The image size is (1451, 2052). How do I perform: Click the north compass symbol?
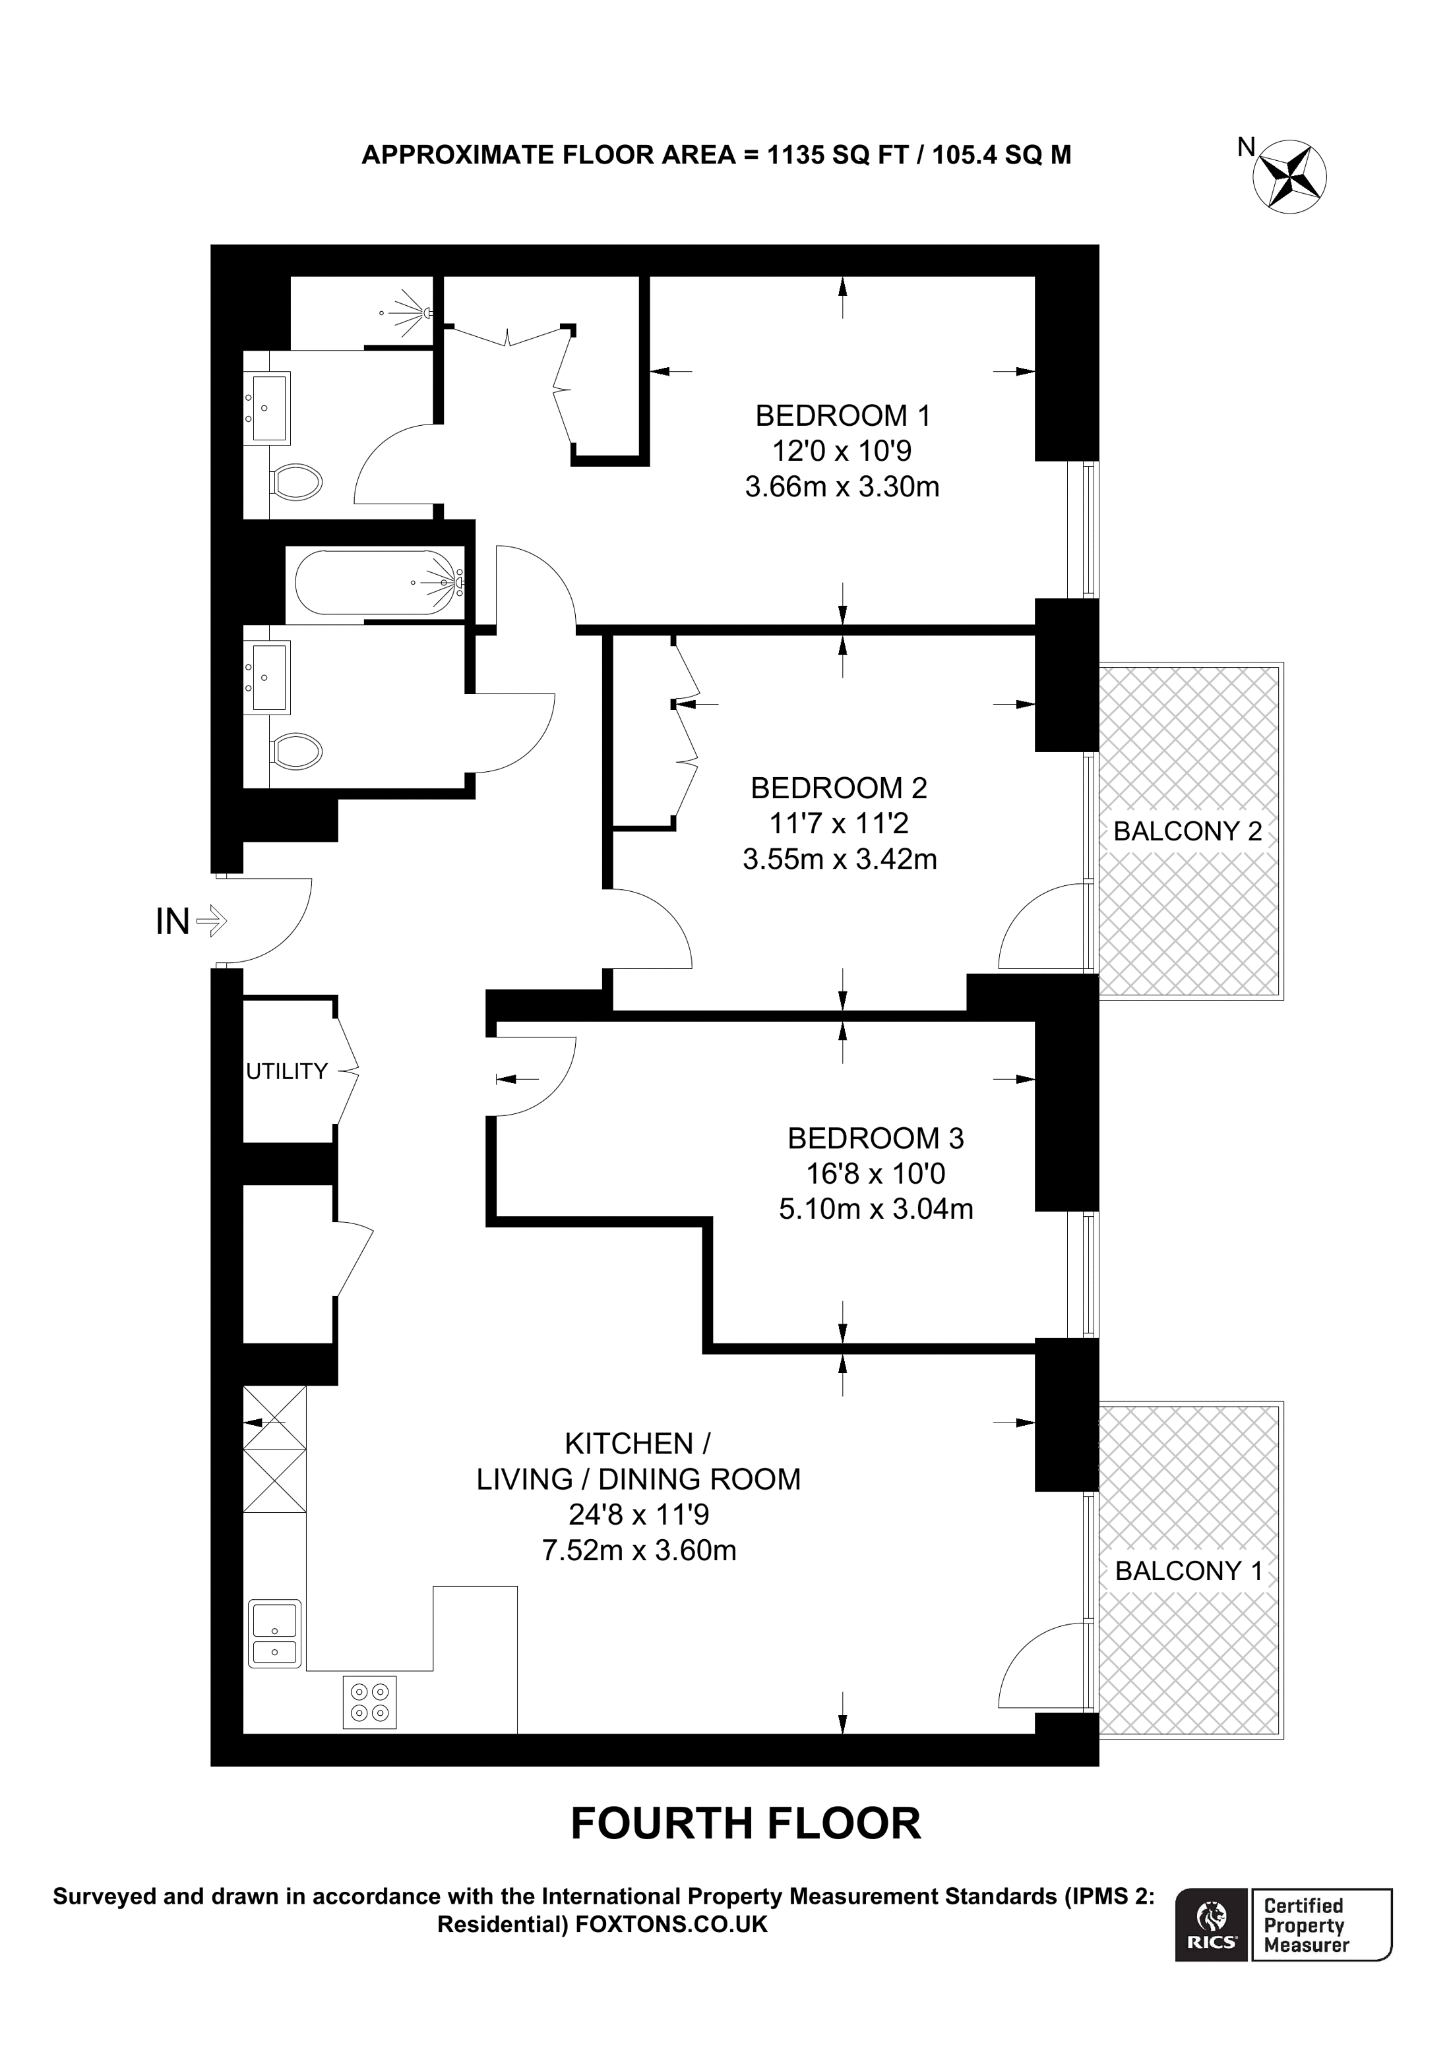coord(1290,175)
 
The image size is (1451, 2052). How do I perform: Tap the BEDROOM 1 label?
coord(842,415)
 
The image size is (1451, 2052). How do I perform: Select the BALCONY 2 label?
coord(1187,831)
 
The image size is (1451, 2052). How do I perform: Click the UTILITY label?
coord(287,1072)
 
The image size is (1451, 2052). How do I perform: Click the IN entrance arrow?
coord(212,921)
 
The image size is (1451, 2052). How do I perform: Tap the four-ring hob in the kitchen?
coord(370,1703)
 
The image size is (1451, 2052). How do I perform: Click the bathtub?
coord(375,583)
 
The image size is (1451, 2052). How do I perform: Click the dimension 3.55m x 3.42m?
coord(840,860)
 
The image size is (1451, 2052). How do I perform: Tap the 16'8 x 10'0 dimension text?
coord(875,1173)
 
